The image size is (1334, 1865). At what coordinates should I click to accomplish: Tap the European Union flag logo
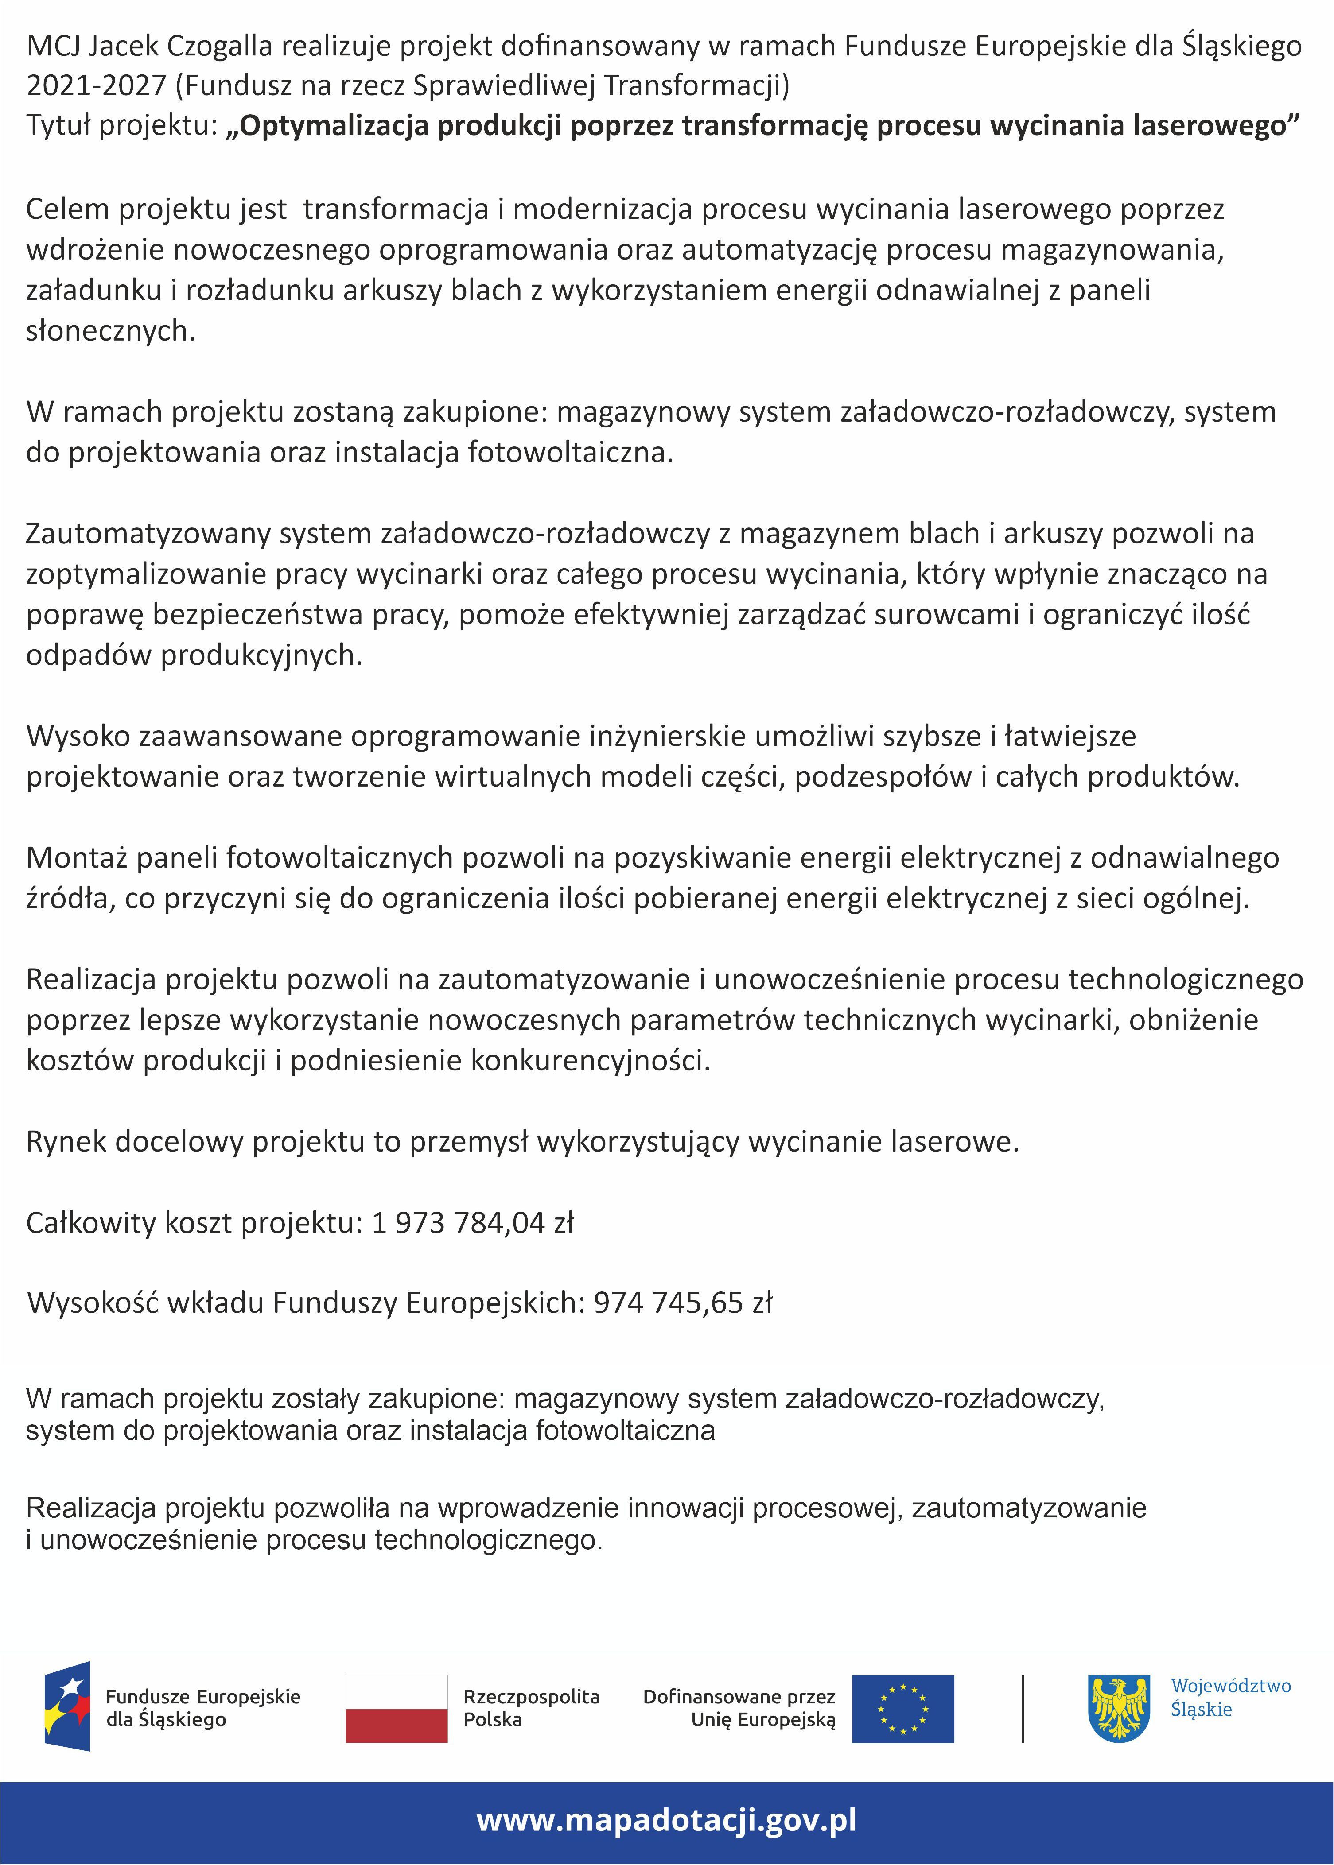tap(903, 1709)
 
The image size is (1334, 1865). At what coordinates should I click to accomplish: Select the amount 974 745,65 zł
tap(683, 1303)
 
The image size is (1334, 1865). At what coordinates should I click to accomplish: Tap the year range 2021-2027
tap(96, 85)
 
